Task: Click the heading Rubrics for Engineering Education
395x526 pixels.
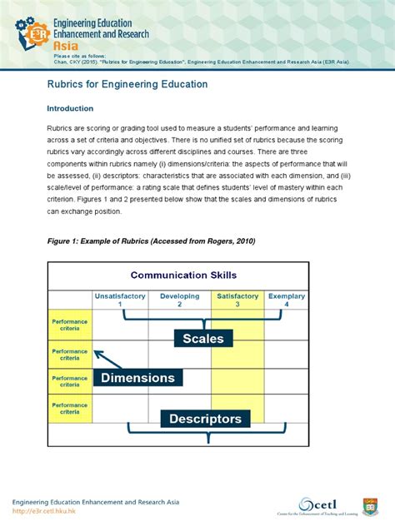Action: click(x=127, y=85)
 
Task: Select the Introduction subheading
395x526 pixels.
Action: click(x=70, y=108)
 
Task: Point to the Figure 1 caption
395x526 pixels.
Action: click(x=151, y=241)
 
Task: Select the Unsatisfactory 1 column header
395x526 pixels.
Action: click(x=120, y=300)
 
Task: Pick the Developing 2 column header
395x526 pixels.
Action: click(x=179, y=300)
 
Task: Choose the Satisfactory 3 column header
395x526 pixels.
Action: click(x=237, y=300)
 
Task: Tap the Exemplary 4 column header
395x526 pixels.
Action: click(x=286, y=300)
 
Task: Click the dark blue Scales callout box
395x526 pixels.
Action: click(x=203, y=338)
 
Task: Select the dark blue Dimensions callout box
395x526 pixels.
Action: click(x=138, y=378)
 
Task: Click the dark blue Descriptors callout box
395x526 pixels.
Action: click(x=205, y=419)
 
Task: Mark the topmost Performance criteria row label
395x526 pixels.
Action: click(x=70, y=325)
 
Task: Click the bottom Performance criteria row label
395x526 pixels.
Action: click(x=70, y=409)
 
